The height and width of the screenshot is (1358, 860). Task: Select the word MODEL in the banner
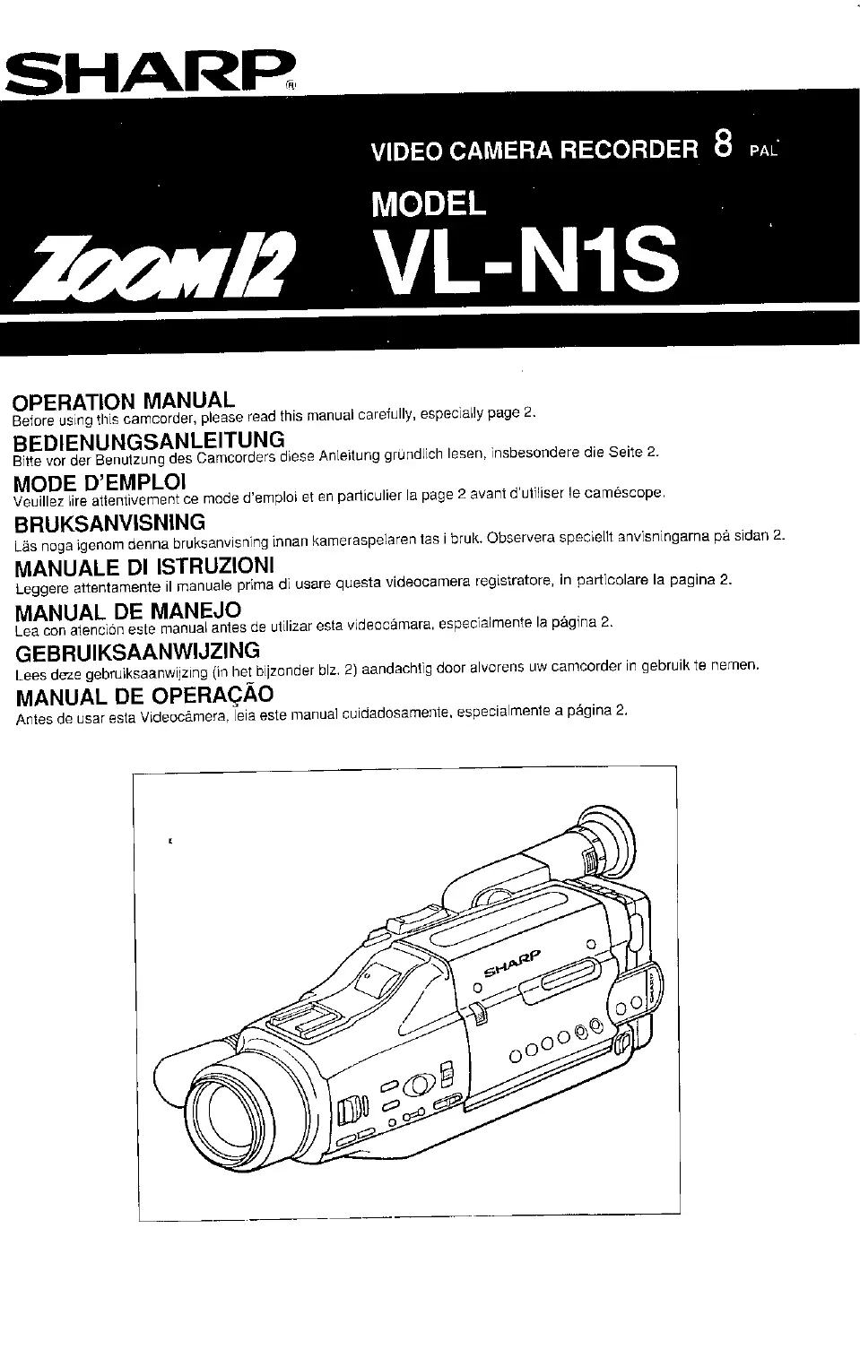(x=429, y=204)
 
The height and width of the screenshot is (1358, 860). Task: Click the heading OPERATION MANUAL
(x=125, y=400)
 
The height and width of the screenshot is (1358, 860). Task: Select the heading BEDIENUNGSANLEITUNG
(x=150, y=440)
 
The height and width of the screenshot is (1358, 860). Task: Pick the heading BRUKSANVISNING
(x=110, y=523)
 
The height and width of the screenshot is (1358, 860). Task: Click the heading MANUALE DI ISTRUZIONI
(x=144, y=567)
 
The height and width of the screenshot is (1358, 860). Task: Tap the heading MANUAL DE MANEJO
(x=128, y=611)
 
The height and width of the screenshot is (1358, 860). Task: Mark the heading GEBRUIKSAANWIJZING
(x=137, y=651)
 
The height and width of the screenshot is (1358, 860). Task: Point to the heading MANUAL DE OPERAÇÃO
(x=144, y=696)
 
